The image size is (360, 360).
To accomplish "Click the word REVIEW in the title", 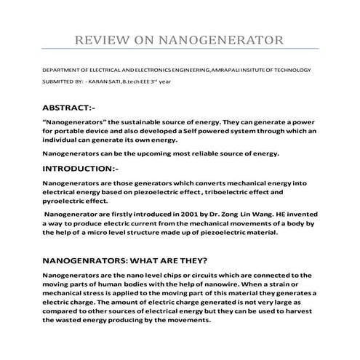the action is click(x=108, y=38).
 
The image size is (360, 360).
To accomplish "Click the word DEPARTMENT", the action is click(x=61, y=70).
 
